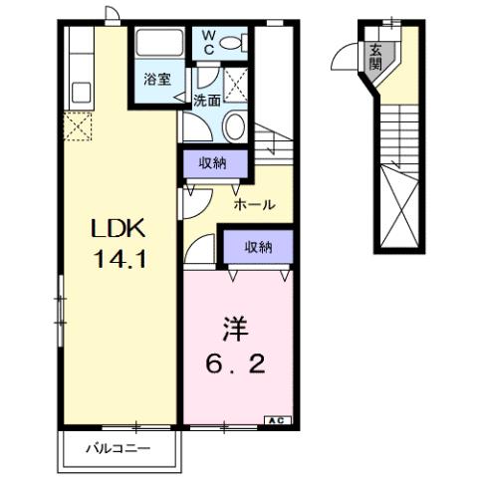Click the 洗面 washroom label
point(206,100)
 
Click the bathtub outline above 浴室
point(158,46)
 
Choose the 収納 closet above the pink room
point(256,245)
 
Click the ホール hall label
point(253,204)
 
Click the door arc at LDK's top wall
point(113,15)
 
